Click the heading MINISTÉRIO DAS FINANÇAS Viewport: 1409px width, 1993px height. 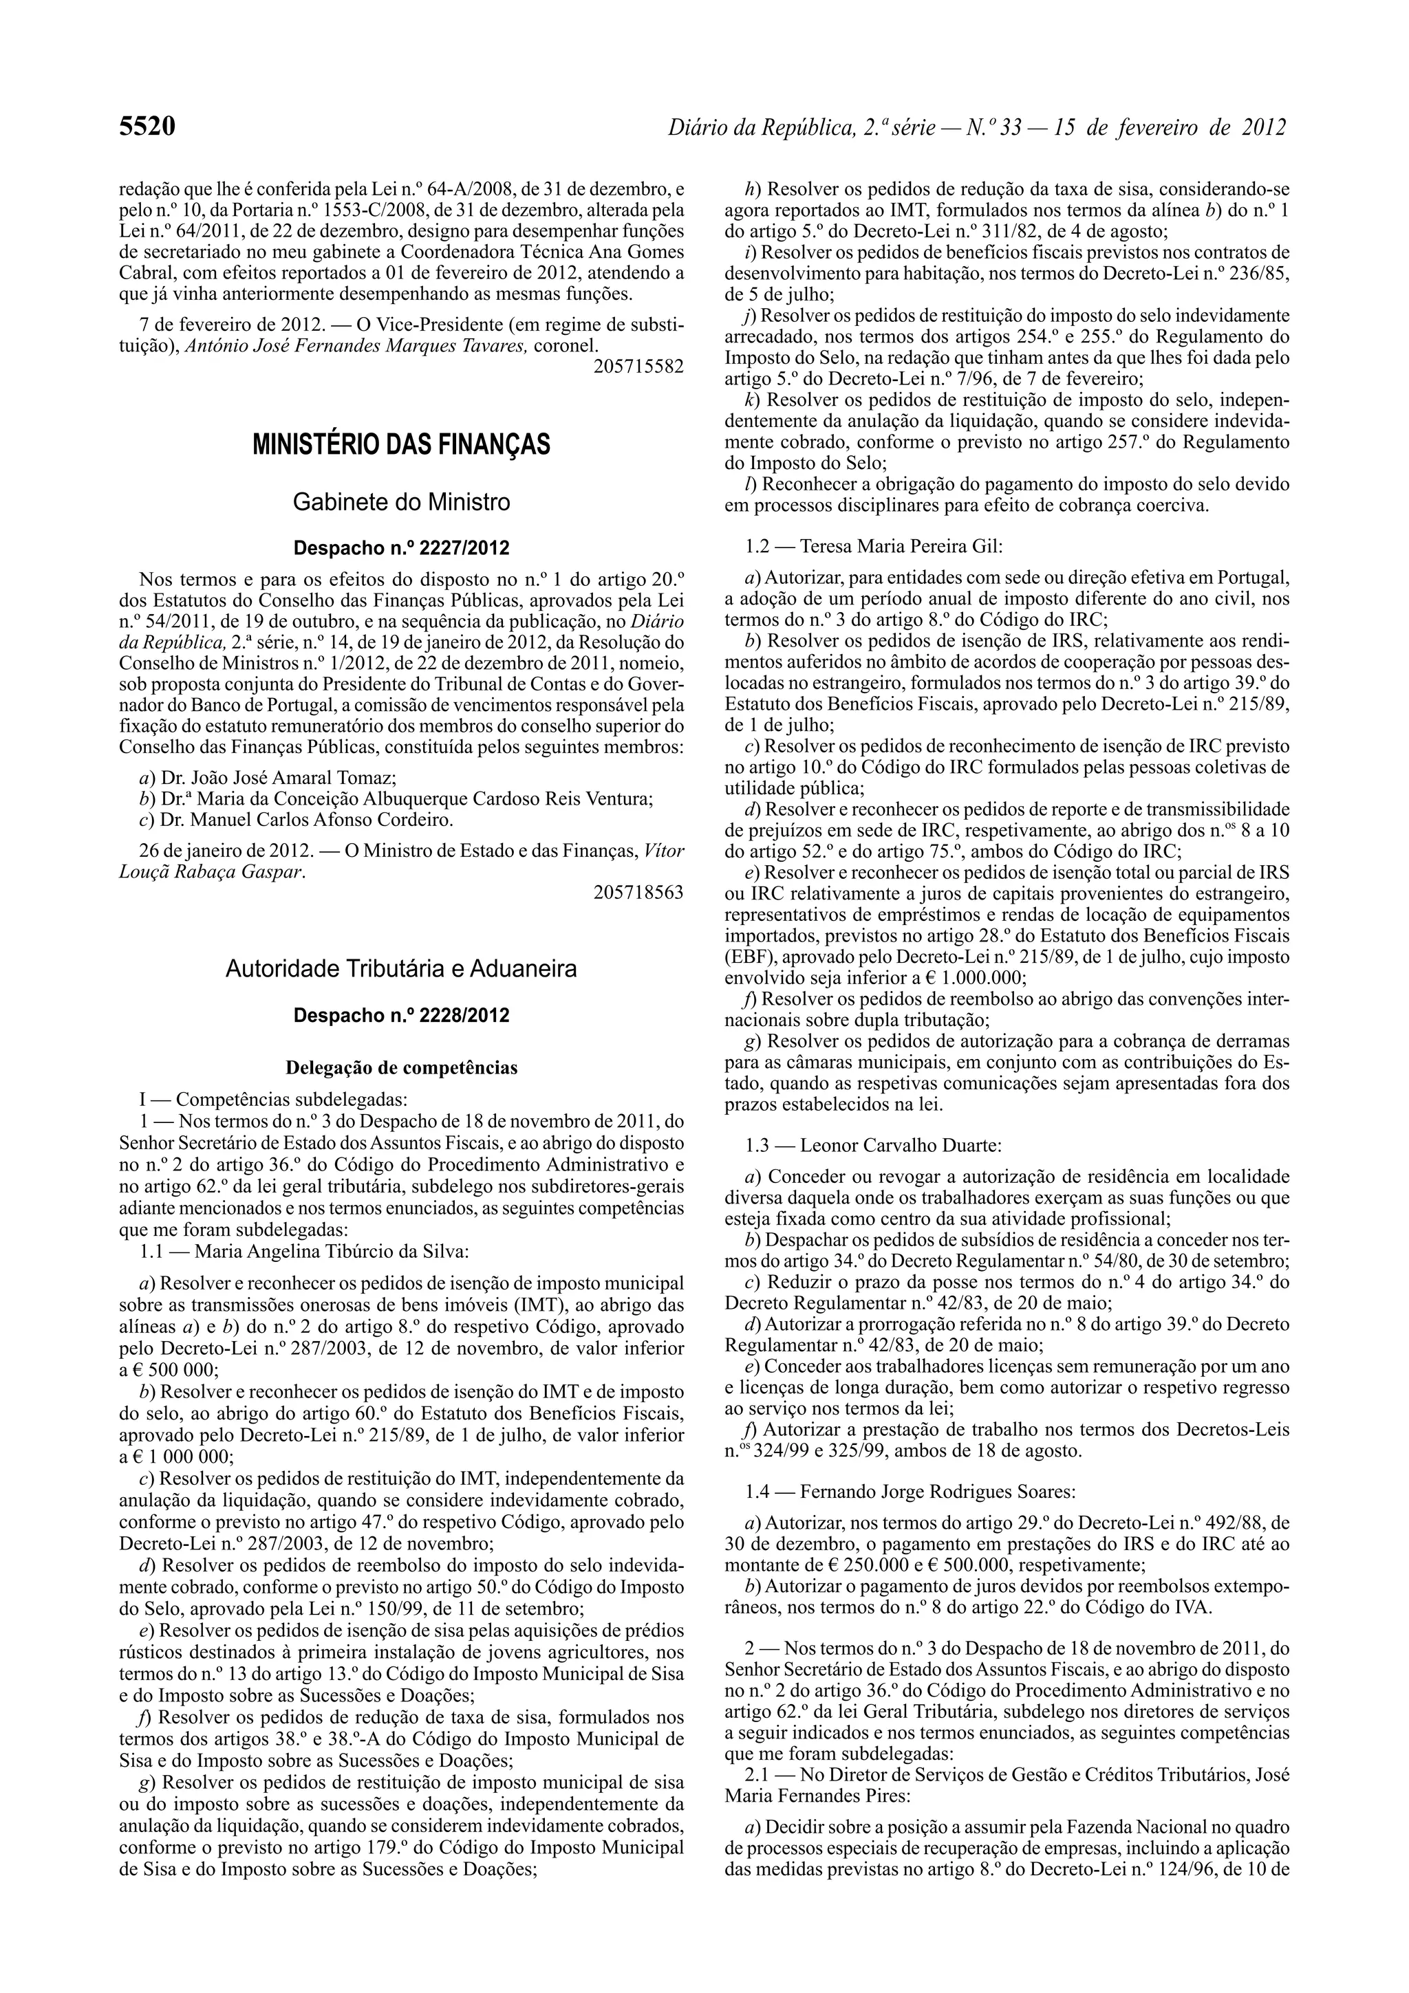(401, 446)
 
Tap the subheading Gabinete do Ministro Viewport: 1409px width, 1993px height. (401, 502)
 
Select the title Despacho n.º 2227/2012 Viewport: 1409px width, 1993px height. (401, 549)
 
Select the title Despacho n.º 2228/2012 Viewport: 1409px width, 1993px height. (401, 1016)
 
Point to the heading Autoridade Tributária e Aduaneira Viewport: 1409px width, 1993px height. (401, 969)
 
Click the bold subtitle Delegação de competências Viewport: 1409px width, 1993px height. (401, 1067)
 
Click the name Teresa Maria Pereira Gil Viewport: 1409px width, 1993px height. (901, 547)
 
